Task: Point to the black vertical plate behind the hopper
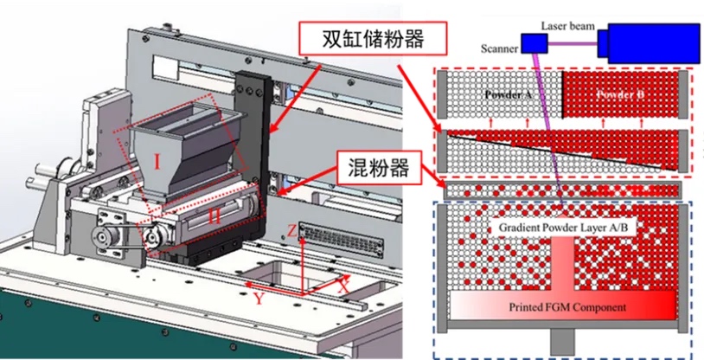[256, 121]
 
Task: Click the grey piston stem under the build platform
[563, 344]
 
